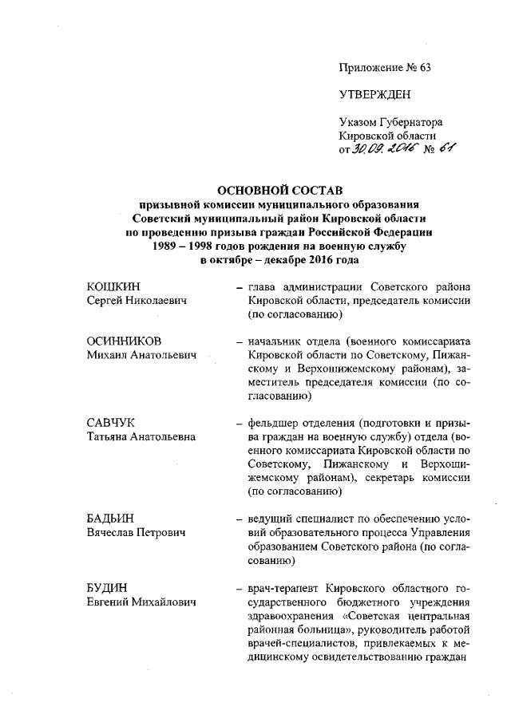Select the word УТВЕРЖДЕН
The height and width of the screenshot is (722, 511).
(x=375, y=95)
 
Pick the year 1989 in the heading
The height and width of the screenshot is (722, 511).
(x=169, y=247)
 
